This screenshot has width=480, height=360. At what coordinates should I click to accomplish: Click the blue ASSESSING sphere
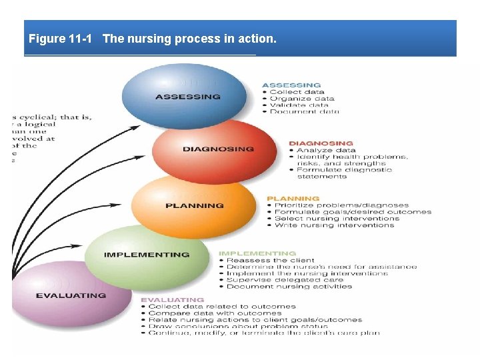click(x=188, y=96)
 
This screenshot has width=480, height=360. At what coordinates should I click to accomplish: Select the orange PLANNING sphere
click(x=195, y=205)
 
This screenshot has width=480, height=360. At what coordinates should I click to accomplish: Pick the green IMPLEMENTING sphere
click(x=147, y=255)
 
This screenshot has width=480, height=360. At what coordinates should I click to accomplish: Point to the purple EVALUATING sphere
click(x=71, y=295)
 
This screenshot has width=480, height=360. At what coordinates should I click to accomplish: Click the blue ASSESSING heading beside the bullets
click(x=291, y=85)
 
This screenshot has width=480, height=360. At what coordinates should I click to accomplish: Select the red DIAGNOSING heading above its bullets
click(x=321, y=143)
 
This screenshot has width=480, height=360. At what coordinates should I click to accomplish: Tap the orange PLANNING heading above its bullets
click(x=293, y=199)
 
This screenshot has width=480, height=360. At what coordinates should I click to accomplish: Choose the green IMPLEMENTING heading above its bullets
click(x=257, y=253)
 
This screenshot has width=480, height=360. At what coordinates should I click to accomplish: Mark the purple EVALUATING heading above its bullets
click(x=172, y=300)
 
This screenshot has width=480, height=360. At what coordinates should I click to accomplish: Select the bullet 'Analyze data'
click(x=326, y=150)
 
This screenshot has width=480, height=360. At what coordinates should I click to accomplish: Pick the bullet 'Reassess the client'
click(x=270, y=260)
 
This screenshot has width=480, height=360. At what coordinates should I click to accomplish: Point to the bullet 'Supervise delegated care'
click(x=285, y=280)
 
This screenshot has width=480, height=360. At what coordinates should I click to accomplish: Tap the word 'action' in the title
click(x=257, y=39)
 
